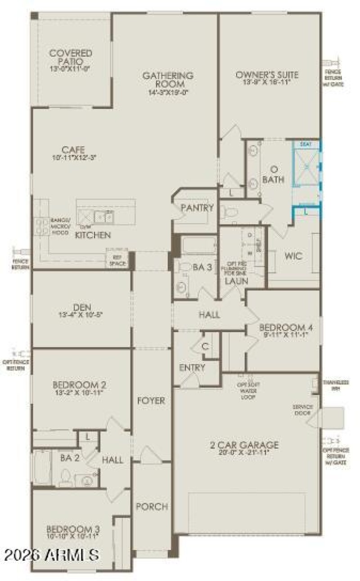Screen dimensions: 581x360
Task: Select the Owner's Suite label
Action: point(267,75)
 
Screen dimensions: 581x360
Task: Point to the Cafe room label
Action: point(74,150)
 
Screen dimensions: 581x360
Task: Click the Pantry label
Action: point(197,208)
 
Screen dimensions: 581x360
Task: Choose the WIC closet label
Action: point(293,256)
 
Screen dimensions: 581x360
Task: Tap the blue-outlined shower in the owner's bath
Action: point(306,166)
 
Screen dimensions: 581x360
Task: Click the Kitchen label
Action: point(93,235)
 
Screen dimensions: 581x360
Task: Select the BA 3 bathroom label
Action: point(202,267)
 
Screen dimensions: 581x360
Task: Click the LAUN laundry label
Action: point(237,281)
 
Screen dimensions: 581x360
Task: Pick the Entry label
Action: point(192,367)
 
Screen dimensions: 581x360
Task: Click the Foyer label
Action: point(151,401)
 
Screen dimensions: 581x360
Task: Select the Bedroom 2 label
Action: point(80,385)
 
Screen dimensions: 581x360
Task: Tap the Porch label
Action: point(152,507)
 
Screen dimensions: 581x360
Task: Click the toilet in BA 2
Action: point(66,477)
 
